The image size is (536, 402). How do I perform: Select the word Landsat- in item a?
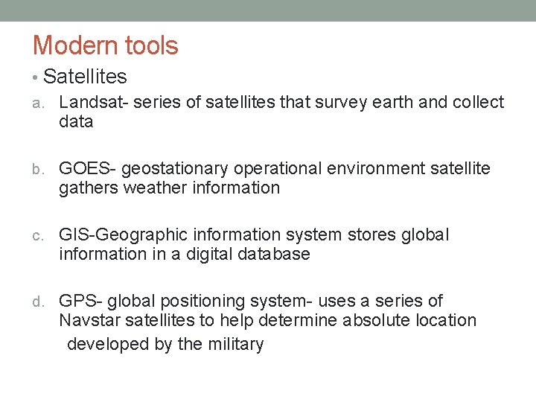pyautogui.click(x=93, y=102)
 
